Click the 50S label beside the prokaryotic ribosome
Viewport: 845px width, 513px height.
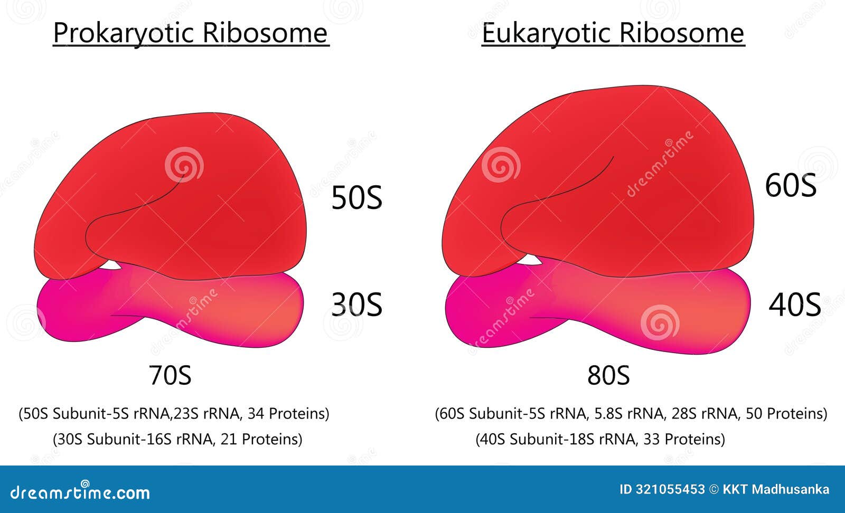(x=356, y=198)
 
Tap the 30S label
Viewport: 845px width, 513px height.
(x=356, y=305)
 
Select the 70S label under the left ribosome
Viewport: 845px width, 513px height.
(x=170, y=376)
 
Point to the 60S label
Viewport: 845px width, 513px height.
(x=791, y=186)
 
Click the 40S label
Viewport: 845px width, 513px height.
(x=794, y=305)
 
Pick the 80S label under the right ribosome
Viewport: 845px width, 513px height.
(x=608, y=376)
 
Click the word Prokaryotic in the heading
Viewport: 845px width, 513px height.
(x=124, y=33)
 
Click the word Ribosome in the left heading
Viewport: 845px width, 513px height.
(x=265, y=33)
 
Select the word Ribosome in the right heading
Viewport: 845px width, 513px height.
(x=681, y=33)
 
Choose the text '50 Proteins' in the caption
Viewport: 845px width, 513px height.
(x=786, y=413)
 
